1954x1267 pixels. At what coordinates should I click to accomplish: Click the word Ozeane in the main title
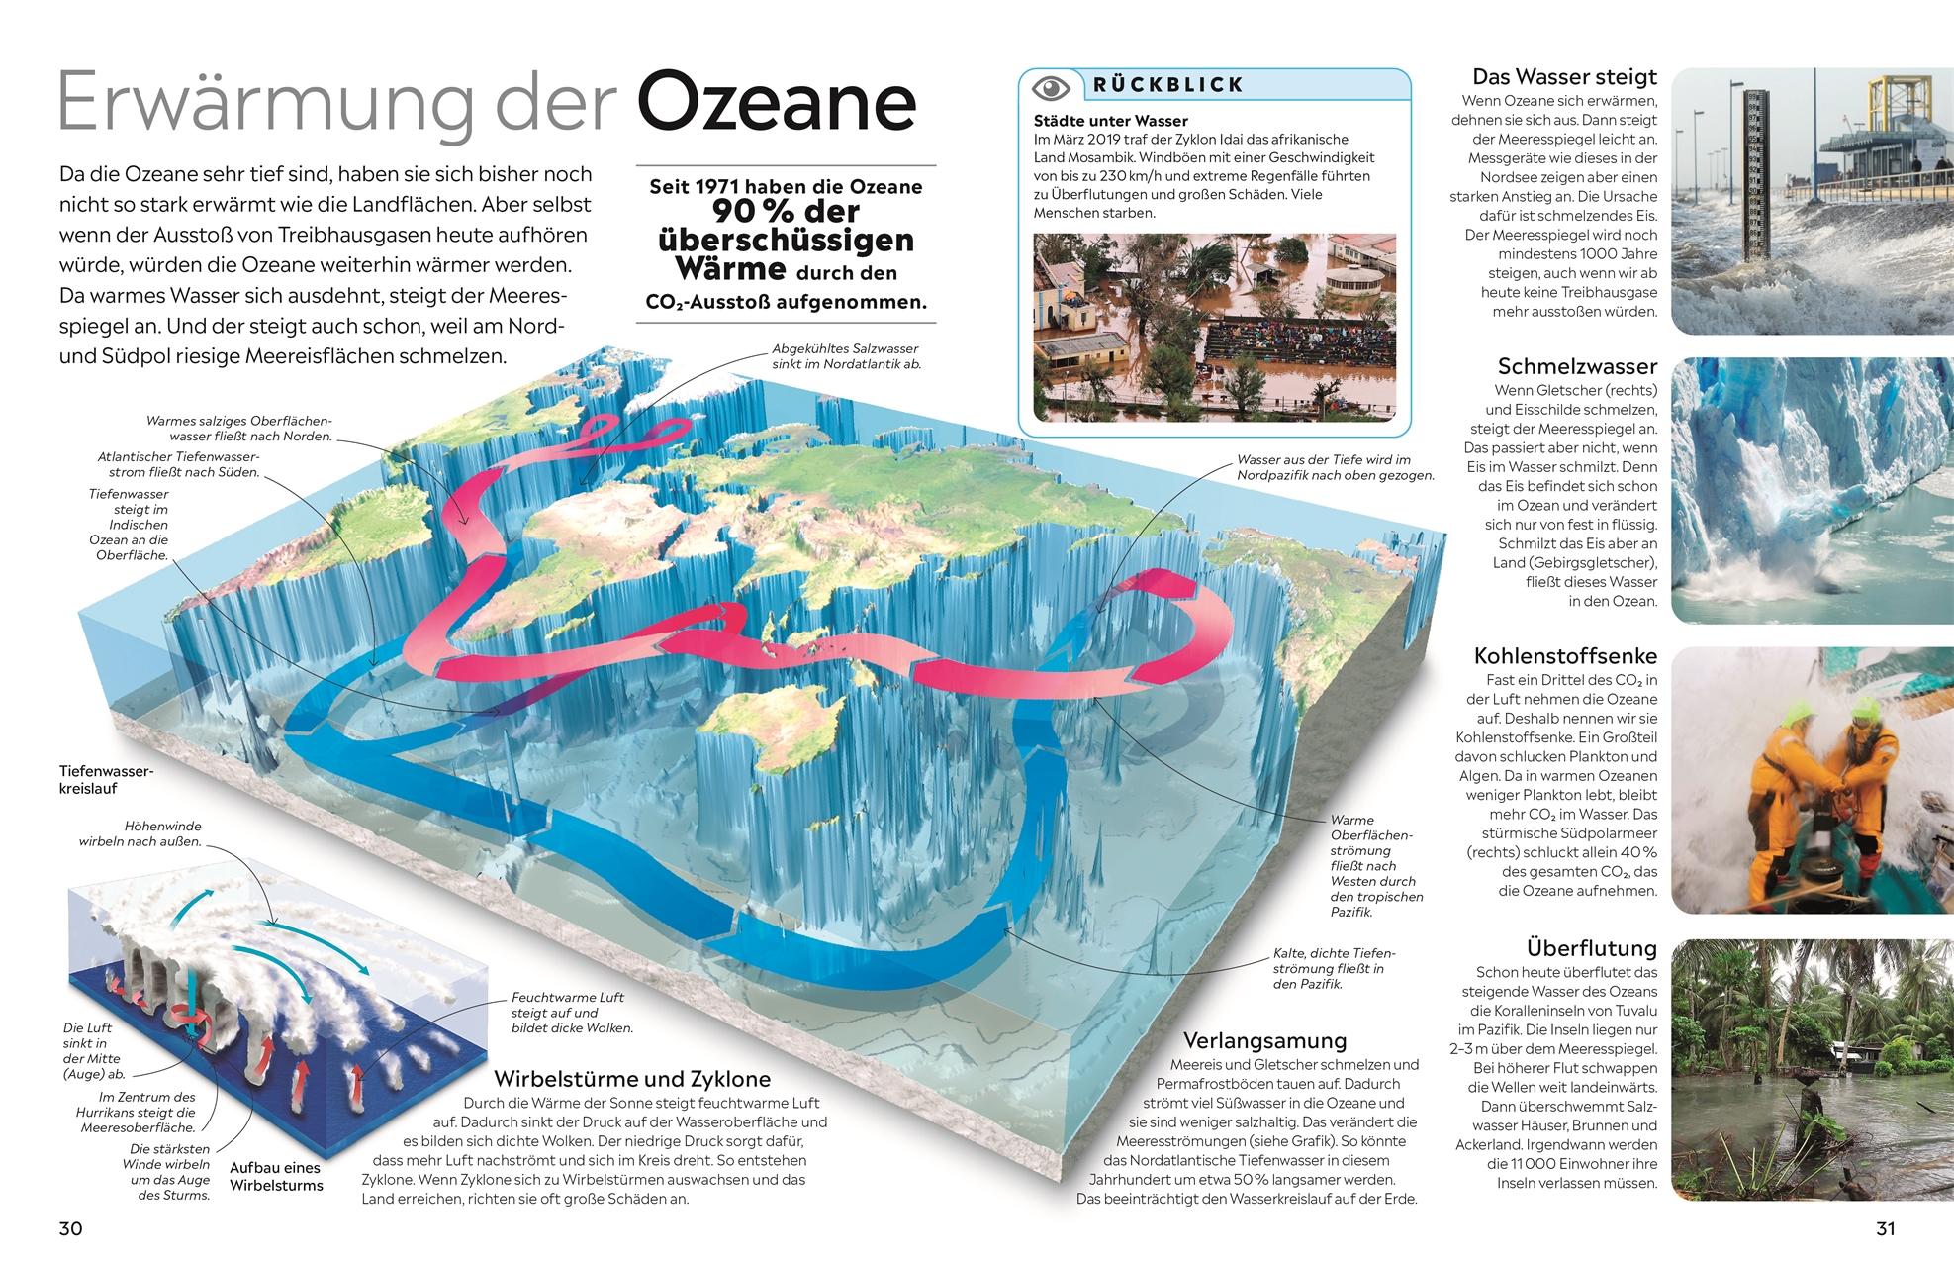(x=776, y=104)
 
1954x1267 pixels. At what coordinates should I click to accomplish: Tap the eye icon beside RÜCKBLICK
(x=1051, y=87)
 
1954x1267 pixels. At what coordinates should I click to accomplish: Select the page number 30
(x=70, y=1229)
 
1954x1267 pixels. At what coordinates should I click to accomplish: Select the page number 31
(x=1885, y=1229)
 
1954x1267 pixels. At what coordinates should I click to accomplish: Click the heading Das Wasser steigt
(x=1563, y=77)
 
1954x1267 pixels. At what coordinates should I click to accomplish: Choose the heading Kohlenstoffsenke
(x=1564, y=656)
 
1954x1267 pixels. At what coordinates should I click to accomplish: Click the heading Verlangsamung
(x=1265, y=1040)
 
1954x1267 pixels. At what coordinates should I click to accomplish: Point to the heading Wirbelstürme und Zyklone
(x=631, y=1078)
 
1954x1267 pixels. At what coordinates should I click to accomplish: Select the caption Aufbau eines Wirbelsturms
(x=276, y=1176)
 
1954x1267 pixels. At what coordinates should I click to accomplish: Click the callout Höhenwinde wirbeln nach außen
(x=140, y=833)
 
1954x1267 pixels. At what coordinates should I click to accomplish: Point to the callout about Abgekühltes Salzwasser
(x=845, y=356)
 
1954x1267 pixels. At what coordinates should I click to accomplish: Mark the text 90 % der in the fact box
(x=786, y=212)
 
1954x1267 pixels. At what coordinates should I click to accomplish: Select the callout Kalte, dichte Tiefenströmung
(x=1333, y=968)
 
